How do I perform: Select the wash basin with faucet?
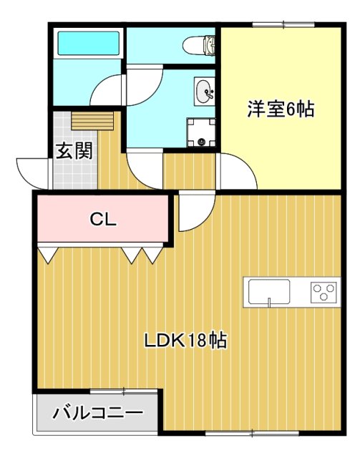point(203,91)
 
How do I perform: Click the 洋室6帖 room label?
point(281,110)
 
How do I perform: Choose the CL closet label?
point(103,219)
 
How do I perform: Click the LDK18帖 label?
point(186,341)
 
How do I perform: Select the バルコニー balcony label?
point(98,413)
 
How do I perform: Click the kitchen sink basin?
point(269,291)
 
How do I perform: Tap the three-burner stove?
point(323,292)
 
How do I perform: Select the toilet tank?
point(211,45)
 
